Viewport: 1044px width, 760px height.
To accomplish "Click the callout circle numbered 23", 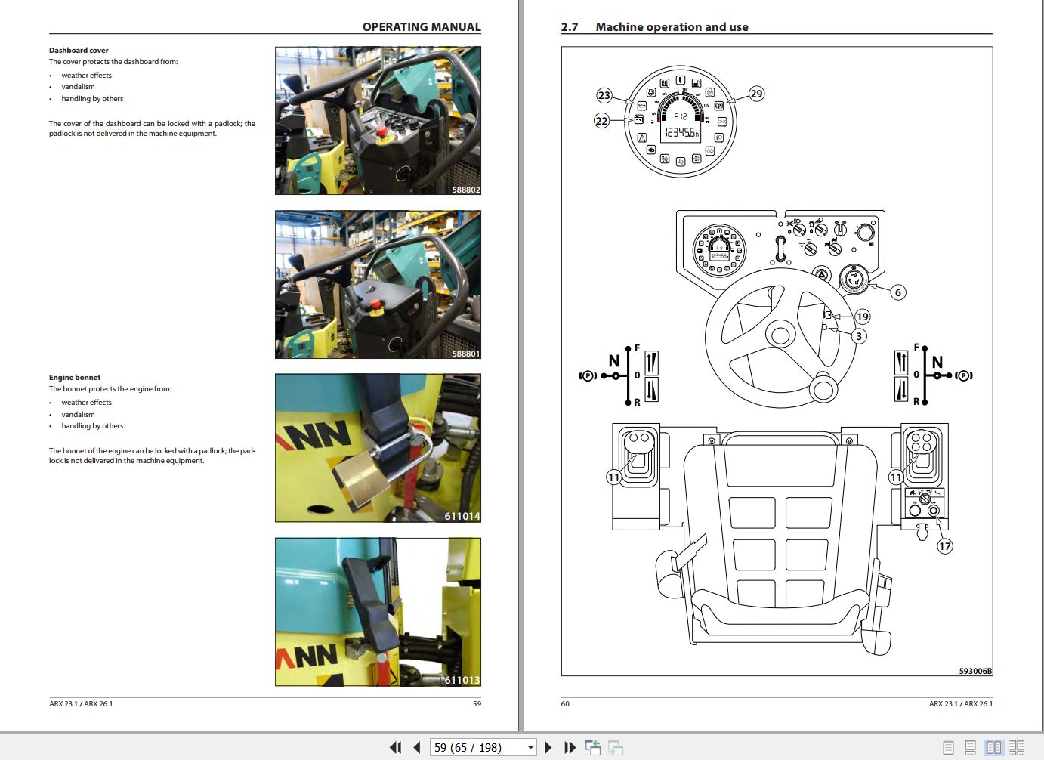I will pos(604,95).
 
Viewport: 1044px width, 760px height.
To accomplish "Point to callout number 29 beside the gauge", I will pos(756,94).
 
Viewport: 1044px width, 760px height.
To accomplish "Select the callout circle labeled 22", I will pos(601,121).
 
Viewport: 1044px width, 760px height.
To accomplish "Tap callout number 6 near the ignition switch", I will pos(897,292).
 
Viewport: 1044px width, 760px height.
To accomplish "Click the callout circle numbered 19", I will pos(862,317).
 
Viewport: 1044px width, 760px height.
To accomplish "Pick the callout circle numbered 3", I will pos(858,336).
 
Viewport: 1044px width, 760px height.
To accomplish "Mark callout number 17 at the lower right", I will pos(944,546).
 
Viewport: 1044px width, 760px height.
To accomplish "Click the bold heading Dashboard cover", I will pos(79,51).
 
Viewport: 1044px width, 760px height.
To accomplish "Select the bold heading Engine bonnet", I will pos(75,378).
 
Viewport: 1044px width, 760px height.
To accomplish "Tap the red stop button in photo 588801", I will pos(374,305).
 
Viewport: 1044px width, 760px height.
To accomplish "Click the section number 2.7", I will pos(569,27).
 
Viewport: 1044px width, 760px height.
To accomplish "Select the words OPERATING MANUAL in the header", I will pos(421,27).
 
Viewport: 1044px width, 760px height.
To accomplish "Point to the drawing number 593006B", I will pos(975,671).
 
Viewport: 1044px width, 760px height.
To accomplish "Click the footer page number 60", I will pos(565,703).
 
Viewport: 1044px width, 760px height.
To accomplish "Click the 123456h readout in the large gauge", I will pos(681,133).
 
